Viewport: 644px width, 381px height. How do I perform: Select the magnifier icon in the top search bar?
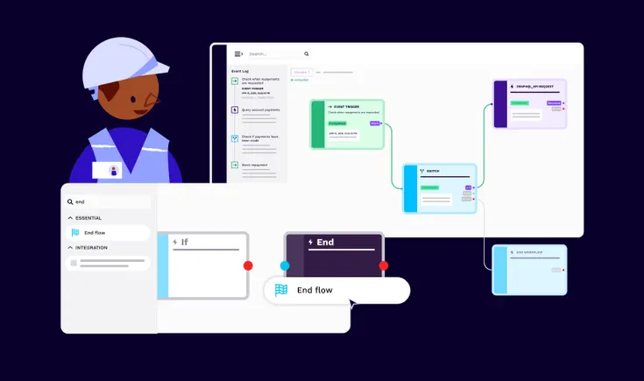tap(306, 53)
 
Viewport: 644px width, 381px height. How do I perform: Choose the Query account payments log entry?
tap(260, 110)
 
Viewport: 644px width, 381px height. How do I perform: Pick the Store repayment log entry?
tap(257, 164)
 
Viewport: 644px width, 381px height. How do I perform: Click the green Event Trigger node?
tap(348, 123)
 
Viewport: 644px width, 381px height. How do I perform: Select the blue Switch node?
tap(440, 187)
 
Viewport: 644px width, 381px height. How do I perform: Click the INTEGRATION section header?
tap(91, 247)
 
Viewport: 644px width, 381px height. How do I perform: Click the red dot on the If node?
tap(248, 265)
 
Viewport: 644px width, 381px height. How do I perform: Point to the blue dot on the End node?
tap(285, 265)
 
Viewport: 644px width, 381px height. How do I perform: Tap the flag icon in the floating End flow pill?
tap(281, 290)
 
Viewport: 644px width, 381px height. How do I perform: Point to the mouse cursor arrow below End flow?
tap(352, 304)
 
